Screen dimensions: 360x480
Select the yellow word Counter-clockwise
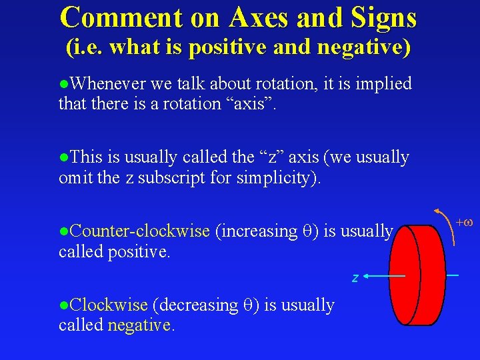pos(139,231)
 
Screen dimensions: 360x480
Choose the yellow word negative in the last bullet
pos(140,325)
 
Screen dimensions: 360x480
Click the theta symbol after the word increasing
pos(307,232)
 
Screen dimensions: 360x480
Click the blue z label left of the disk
pos(355,277)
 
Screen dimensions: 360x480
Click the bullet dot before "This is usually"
pos(63,158)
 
